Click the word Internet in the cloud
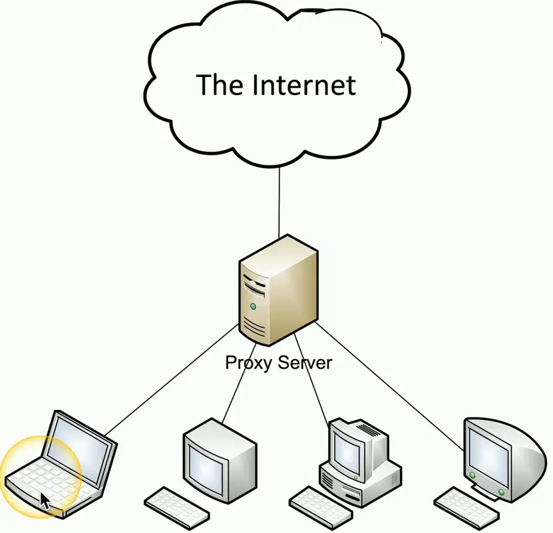pos(304,86)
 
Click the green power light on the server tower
pos(253,306)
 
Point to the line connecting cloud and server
pos(279,199)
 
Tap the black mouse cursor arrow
pos(44,500)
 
